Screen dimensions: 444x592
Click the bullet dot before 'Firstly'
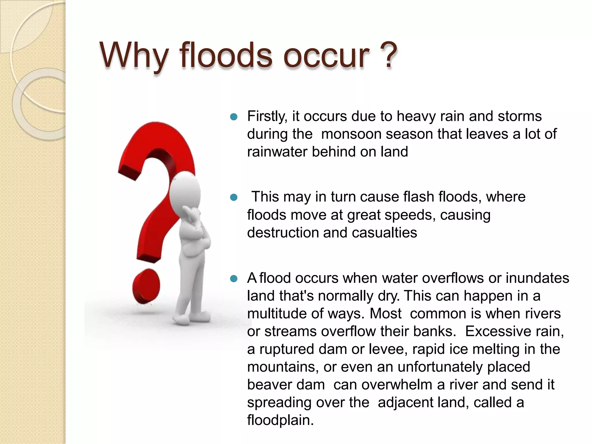pos(234,117)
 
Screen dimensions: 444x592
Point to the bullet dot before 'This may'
pos(234,198)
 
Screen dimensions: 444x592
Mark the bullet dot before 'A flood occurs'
pos(234,279)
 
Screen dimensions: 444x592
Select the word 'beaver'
pos(265,385)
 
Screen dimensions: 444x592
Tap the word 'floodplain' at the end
pos(280,420)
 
